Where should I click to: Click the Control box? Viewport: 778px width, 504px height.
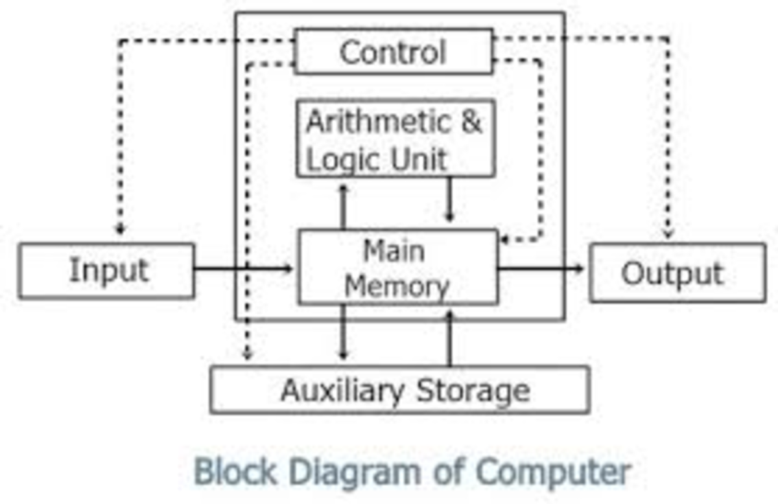pos(393,52)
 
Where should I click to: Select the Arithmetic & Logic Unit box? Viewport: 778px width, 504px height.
pos(395,139)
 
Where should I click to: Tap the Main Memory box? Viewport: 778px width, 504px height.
pos(397,267)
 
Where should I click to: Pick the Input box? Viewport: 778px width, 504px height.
pos(106,271)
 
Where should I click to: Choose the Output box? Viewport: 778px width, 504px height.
pos(677,273)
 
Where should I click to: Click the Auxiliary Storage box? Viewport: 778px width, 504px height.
pos(400,390)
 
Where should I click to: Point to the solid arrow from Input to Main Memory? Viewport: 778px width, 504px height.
pos(244,268)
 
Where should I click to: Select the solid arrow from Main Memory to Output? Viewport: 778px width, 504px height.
pos(542,268)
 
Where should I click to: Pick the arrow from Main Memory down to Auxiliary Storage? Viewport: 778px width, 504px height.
pos(344,334)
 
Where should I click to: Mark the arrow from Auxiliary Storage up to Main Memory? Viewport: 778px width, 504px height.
pos(449,337)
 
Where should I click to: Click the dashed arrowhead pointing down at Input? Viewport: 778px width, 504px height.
pos(119,229)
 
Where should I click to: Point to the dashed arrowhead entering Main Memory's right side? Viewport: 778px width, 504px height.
pos(504,240)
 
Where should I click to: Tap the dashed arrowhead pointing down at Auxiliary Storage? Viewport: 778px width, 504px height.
pos(246,354)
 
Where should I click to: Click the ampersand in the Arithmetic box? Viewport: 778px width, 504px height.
pos(471,122)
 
